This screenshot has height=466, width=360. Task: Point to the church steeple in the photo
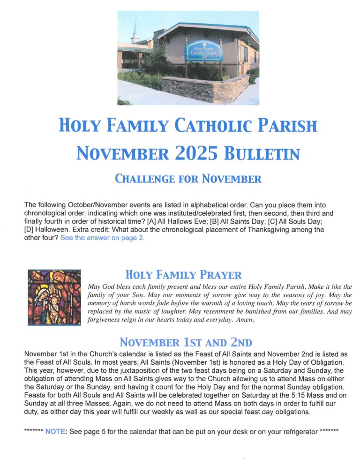tap(135, 31)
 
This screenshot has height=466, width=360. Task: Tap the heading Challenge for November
tap(188, 179)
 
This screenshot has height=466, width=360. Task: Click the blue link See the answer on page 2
tap(103, 238)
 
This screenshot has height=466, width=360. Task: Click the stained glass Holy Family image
tap(54, 297)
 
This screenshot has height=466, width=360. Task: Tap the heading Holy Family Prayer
tap(184, 274)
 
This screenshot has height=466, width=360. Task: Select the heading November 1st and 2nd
tap(186, 341)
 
